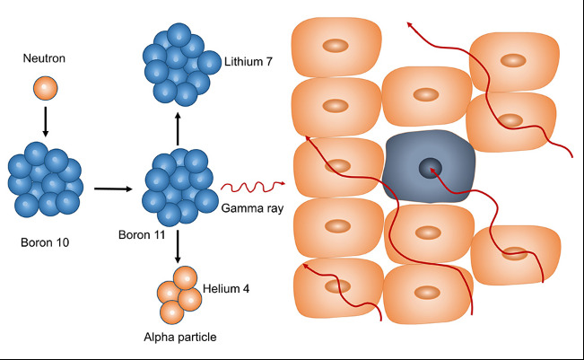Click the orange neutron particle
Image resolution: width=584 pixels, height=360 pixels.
point(45,88)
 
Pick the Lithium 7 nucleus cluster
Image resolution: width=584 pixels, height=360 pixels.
point(179,65)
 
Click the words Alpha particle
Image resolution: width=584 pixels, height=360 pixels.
point(180,337)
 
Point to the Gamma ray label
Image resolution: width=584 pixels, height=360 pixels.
point(248,208)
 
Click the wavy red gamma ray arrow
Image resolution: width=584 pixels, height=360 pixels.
point(252,187)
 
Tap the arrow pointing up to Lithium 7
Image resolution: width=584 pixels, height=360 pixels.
point(179,127)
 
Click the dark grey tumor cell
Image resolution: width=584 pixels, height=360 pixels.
point(422,166)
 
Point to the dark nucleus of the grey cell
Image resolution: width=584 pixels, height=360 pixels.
point(428,166)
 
